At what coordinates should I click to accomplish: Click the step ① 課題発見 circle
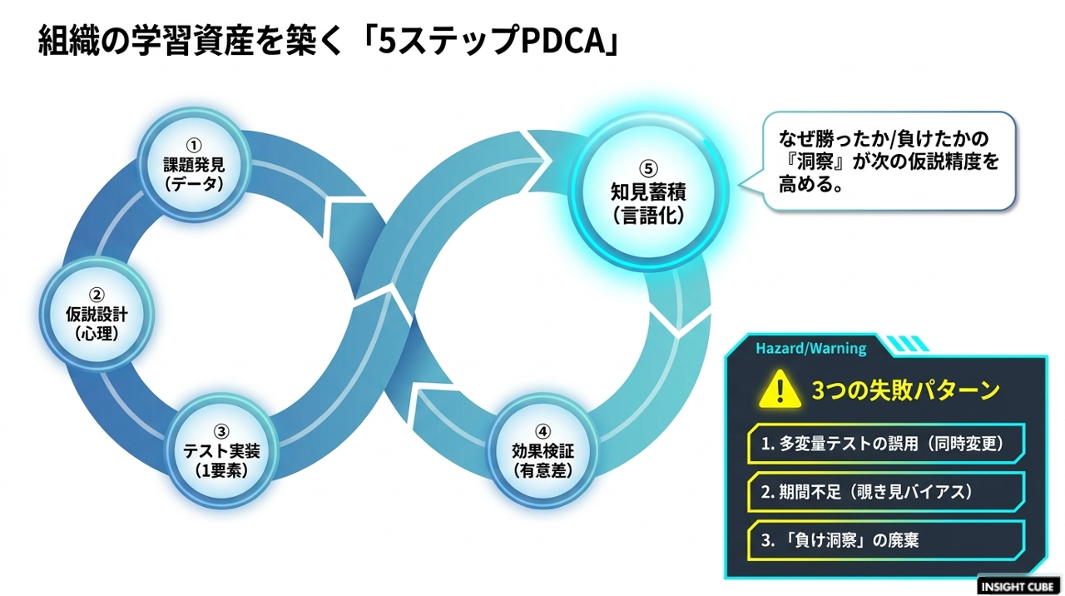pyautogui.click(x=194, y=165)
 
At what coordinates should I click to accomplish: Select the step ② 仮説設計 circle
pyautogui.click(x=97, y=315)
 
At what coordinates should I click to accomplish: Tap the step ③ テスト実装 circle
pyautogui.click(x=221, y=451)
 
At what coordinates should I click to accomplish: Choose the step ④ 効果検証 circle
pyautogui.click(x=543, y=451)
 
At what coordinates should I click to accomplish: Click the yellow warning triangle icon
pyautogui.click(x=780, y=390)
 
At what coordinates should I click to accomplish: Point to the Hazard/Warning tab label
pyautogui.click(x=811, y=349)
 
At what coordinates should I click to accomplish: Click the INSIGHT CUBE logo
pyautogui.click(x=1018, y=587)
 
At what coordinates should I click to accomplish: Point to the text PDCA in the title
pyautogui.click(x=562, y=42)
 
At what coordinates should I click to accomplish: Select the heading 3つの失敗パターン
pyautogui.click(x=905, y=390)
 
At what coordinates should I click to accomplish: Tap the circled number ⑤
pyautogui.click(x=648, y=168)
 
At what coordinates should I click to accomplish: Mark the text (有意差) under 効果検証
pyautogui.click(x=543, y=471)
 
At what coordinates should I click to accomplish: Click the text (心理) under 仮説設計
pyautogui.click(x=97, y=334)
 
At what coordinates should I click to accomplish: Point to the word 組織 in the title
pyautogui.click(x=69, y=42)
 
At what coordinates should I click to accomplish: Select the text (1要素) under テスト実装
pyautogui.click(x=221, y=471)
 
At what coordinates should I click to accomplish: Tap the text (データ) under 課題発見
pyautogui.click(x=194, y=185)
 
